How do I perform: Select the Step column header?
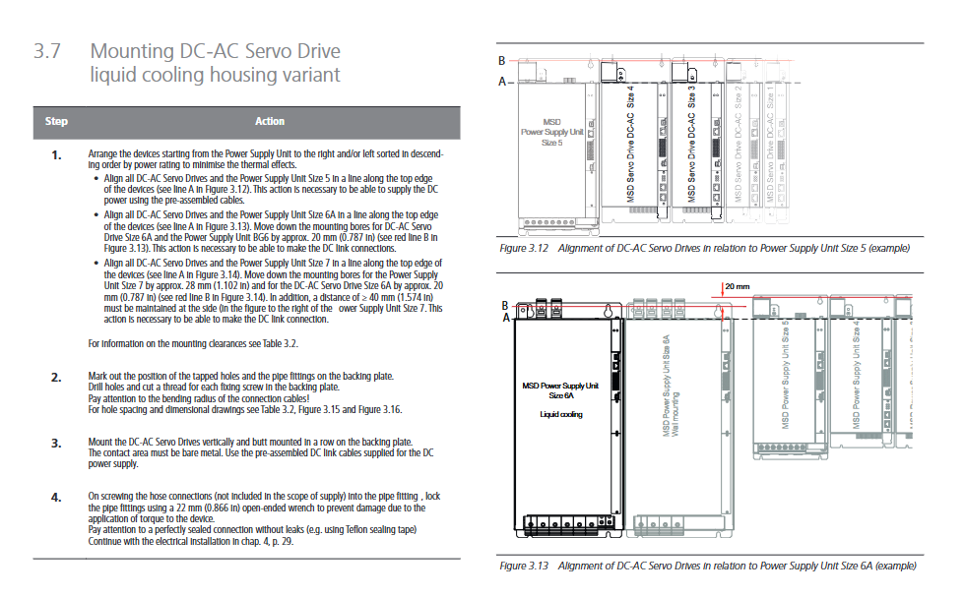click(56, 121)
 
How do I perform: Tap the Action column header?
click(269, 121)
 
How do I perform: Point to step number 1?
click(56, 155)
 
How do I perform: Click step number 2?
click(56, 377)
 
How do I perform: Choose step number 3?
click(56, 442)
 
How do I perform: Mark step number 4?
click(56, 496)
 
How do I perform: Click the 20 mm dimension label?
click(738, 286)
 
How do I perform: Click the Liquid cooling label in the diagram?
click(562, 414)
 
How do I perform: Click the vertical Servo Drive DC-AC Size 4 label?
click(631, 144)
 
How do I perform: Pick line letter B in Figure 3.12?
click(501, 61)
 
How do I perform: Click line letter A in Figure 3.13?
click(505, 318)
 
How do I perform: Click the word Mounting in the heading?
click(132, 52)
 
